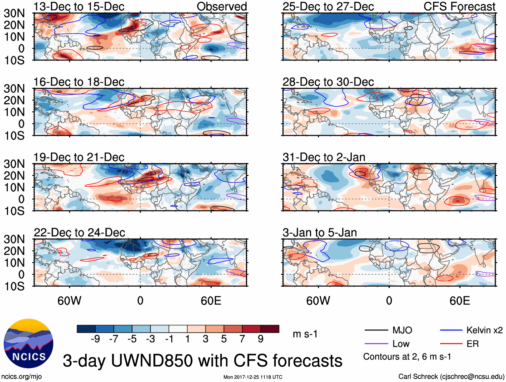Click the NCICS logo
click(x=28, y=344)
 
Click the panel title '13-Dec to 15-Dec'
click(x=79, y=7)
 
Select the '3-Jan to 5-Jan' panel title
click(x=320, y=232)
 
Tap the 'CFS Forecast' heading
click(x=459, y=7)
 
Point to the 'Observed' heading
click(x=222, y=7)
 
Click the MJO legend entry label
click(x=402, y=330)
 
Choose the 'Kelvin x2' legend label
click(x=484, y=330)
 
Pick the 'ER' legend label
click(x=472, y=344)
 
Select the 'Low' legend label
click(x=401, y=344)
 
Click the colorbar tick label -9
click(x=96, y=339)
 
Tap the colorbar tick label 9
click(x=261, y=339)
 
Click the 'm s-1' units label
click(x=305, y=334)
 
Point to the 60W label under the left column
click(x=69, y=301)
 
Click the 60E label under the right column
click(x=459, y=301)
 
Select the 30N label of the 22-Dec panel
click(x=14, y=239)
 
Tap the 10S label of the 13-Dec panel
click(x=14, y=61)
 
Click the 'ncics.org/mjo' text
click(x=21, y=377)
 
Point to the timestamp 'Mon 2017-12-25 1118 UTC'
click(x=253, y=377)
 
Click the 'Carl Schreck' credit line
click(x=451, y=377)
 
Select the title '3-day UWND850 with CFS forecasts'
click(x=202, y=361)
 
